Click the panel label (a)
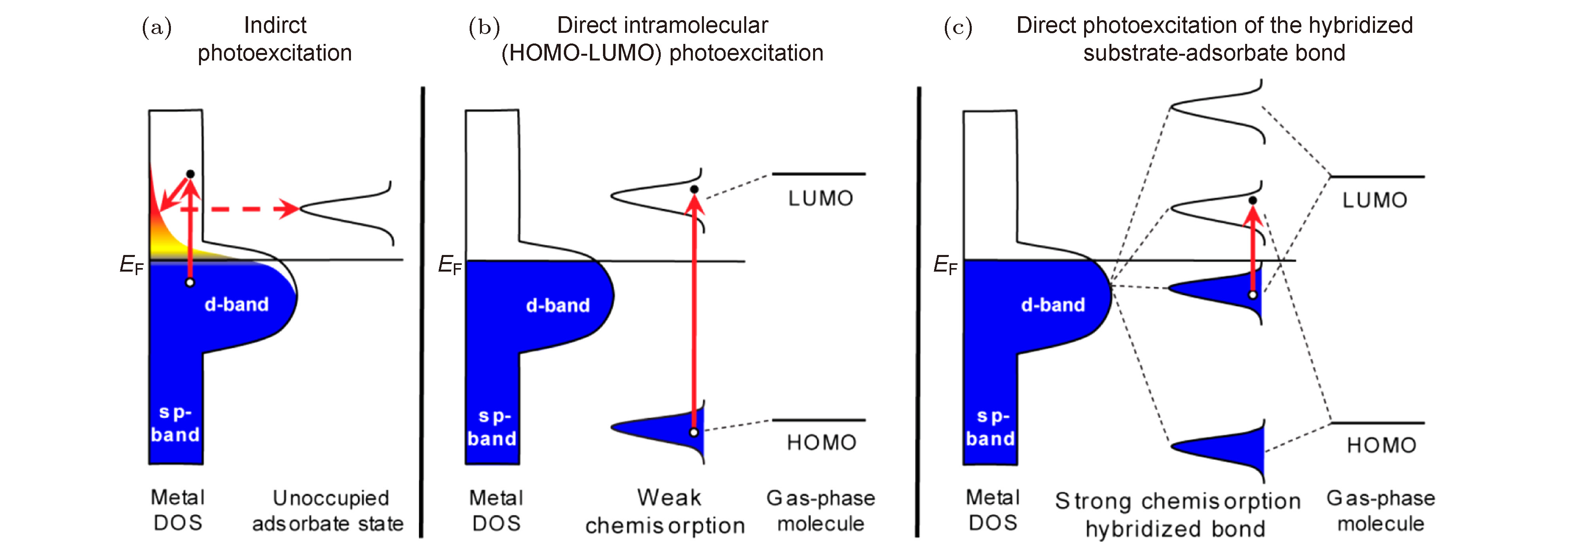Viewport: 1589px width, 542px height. [x=157, y=28]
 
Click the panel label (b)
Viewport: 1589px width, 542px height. [x=484, y=28]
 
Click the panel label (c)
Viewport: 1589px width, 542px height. [x=958, y=28]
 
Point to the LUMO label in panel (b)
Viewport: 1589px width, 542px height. [x=820, y=198]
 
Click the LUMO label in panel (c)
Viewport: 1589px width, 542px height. [x=1375, y=200]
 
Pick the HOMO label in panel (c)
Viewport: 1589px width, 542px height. [x=1381, y=445]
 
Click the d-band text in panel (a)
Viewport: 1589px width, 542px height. [x=237, y=305]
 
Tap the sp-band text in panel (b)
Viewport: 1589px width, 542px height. [x=492, y=427]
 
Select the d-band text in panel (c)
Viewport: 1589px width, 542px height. [x=1053, y=305]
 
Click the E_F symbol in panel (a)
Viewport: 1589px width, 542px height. [x=131, y=265]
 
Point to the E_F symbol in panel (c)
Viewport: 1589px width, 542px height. [x=945, y=265]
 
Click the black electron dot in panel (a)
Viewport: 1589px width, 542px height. [x=191, y=174]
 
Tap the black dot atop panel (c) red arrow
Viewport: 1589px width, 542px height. [x=1253, y=200]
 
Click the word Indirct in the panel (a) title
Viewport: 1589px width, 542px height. [x=275, y=25]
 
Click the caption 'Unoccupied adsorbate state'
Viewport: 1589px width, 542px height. [x=328, y=510]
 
